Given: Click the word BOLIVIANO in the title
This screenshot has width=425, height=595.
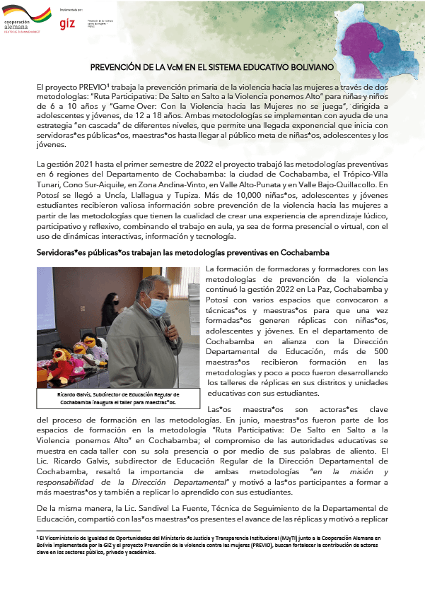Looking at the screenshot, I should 309,66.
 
